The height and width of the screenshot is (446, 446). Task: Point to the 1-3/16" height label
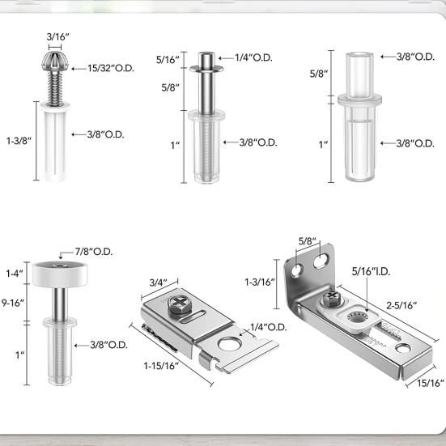[261, 282]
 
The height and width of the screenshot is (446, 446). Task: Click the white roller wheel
[58, 272]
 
